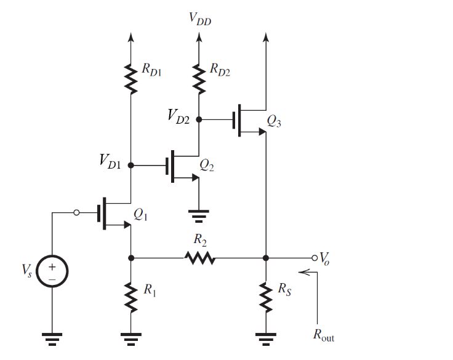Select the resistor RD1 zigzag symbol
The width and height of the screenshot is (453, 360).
pyautogui.click(x=130, y=78)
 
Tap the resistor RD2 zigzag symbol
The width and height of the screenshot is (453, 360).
pyautogui.click(x=199, y=78)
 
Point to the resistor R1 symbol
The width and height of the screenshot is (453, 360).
pyautogui.click(x=130, y=298)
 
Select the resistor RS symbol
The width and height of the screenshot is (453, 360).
pyautogui.click(x=265, y=298)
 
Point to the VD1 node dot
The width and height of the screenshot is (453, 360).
pyautogui.click(x=130, y=166)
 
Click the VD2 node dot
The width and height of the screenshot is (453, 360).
pyautogui.click(x=199, y=118)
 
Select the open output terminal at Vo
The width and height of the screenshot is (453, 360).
pyautogui.click(x=315, y=257)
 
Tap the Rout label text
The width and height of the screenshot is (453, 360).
pyautogui.click(x=324, y=336)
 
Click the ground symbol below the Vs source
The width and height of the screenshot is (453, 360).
pyautogui.click(x=52, y=336)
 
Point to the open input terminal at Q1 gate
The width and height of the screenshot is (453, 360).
pyautogui.click(x=76, y=213)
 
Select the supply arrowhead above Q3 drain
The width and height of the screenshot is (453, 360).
pyautogui.click(x=265, y=37)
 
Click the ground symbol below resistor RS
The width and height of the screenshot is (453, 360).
pyautogui.click(x=265, y=336)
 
